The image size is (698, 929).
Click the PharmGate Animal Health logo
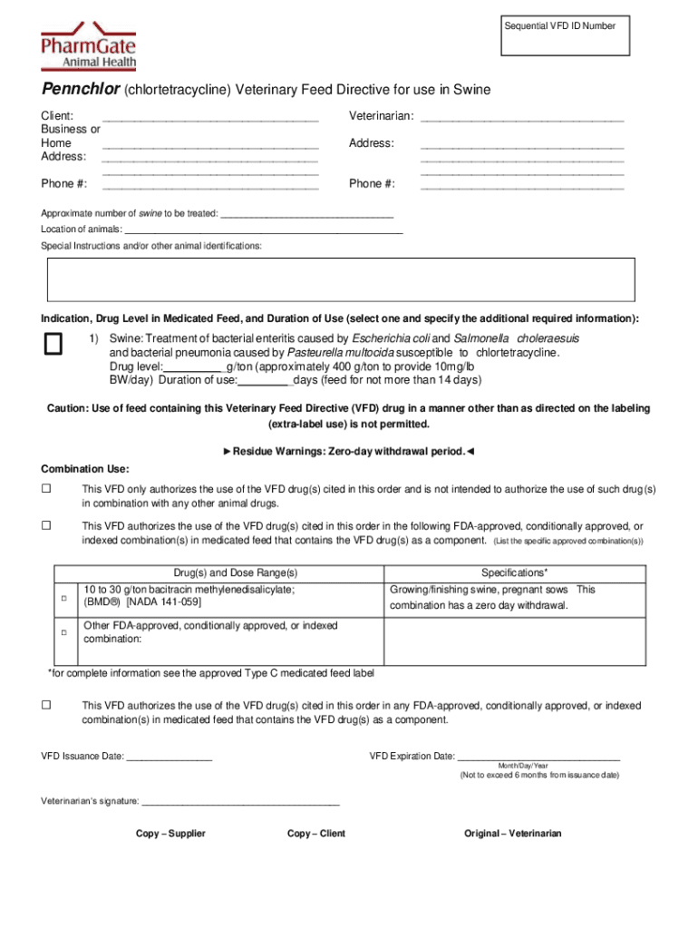(x=89, y=46)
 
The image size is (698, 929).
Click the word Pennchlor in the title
(x=80, y=89)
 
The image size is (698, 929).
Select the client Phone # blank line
(x=210, y=185)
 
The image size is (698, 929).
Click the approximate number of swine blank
(x=307, y=215)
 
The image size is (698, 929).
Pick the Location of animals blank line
(x=264, y=230)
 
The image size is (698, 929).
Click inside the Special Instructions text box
(x=341, y=279)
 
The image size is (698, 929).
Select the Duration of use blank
(x=264, y=382)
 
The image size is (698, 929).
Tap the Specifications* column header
(x=514, y=573)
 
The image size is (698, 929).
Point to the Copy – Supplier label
(x=170, y=834)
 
